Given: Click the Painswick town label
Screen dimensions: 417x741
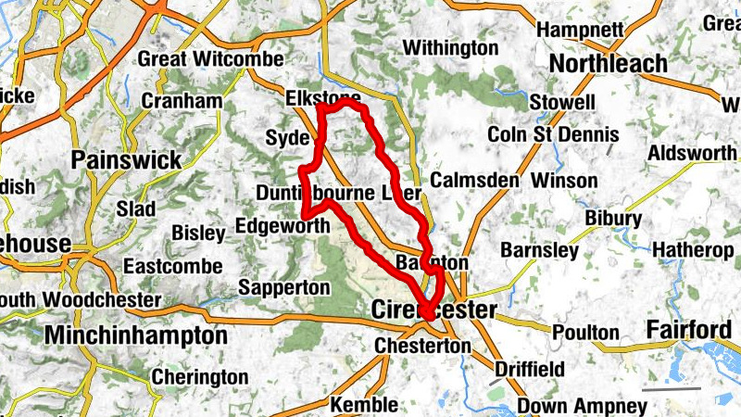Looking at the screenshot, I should (x=126, y=159).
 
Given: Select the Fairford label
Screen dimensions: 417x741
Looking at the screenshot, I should (x=688, y=329).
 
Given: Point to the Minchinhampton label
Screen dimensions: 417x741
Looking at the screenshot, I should (x=135, y=335).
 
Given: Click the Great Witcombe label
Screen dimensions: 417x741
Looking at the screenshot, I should (x=210, y=59).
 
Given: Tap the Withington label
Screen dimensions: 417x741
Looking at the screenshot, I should (x=450, y=46).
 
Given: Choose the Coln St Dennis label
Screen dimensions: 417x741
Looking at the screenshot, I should (x=553, y=134).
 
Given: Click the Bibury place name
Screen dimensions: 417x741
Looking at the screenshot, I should (x=613, y=219).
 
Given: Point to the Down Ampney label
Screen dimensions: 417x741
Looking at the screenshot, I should (x=582, y=406).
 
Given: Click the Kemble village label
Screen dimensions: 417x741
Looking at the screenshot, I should (x=364, y=405).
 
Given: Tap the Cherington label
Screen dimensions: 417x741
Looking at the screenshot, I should (x=199, y=377).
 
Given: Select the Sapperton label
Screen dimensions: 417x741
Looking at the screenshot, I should (x=283, y=287).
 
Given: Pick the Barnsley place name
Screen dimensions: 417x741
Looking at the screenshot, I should (x=539, y=250).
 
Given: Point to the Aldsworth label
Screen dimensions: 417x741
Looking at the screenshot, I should (x=692, y=152).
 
